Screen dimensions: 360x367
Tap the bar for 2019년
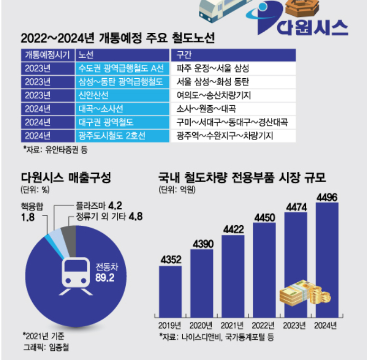tap(170, 290)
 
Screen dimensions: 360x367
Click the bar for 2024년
tap(326, 260)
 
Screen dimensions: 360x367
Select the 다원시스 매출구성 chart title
tap(65, 178)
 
